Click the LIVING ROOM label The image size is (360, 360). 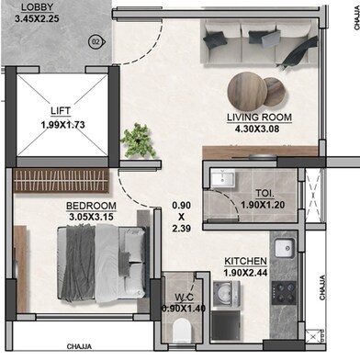[x=259, y=118]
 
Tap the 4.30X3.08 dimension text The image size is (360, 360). [x=257, y=129]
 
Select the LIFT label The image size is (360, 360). [x=61, y=110]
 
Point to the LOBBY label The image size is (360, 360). [x=38, y=7]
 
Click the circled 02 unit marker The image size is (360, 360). [x=96, y=41]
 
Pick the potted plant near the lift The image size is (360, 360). [x=138, y=141]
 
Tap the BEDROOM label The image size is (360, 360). [x=91, y=206]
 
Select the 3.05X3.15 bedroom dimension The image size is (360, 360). [x=91, y=217]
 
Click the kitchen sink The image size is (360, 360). [x=285, y=248]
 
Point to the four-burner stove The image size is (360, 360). [x=284, y=293]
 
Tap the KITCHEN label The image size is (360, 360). [x=245, y=261]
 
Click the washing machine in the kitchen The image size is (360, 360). [x=226, y=294]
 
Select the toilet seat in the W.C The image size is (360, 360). [x=181, y=332]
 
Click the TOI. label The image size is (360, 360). [x=264, y=194]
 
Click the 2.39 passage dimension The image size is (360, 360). [x=181, y=228]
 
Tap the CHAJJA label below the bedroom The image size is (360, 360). [x=79, y=347]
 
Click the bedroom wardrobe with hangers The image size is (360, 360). [x=62, y=180]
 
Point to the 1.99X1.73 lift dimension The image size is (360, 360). [x=62, y=125]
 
